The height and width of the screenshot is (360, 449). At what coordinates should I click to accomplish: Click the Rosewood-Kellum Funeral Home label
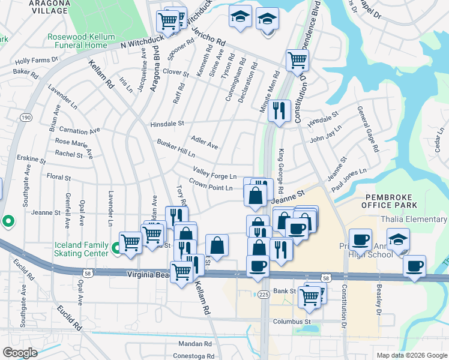point(81,41)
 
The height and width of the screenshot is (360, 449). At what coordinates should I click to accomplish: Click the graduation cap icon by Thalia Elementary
point(398,240)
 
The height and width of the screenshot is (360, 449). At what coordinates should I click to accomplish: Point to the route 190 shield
point(26,118)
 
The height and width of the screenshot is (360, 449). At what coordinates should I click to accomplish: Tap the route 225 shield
point(264,295)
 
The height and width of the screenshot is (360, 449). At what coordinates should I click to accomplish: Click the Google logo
point(20,352)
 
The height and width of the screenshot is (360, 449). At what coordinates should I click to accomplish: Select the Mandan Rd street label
point(195,344)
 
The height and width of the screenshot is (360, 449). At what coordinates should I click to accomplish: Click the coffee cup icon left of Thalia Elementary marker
point(360,240)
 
